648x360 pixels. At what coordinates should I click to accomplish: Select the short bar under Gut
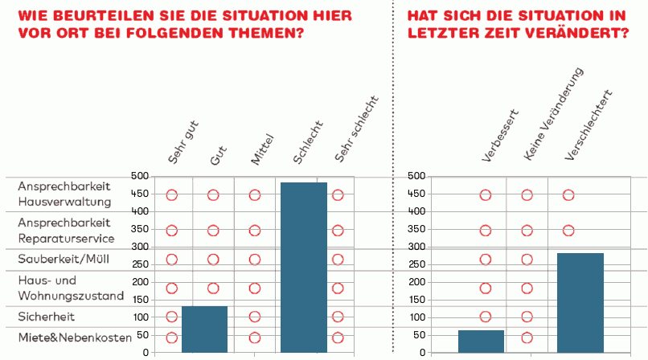(x=205, y=329)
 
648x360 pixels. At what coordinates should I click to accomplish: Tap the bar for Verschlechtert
(x=580, y=302)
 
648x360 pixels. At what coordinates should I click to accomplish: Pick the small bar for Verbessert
(x=481, y=341)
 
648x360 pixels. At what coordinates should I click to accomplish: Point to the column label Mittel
(x=263, y=149)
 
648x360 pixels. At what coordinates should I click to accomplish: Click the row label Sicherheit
(x=43, y=317)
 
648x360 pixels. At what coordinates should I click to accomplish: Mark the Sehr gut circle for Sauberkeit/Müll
(x=171, y=260)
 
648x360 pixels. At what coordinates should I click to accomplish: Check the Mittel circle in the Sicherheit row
(x=255, y=317)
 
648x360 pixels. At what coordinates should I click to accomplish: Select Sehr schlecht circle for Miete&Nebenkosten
(x=338, y=338)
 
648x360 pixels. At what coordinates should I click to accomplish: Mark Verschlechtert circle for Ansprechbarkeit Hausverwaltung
(x=568, y=195)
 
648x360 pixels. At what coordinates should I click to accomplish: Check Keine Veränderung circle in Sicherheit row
(x=527, y=317)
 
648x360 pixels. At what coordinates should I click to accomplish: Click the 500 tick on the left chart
(x=139, y=176)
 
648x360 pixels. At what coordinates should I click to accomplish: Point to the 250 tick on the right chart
(x=416, y=264)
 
